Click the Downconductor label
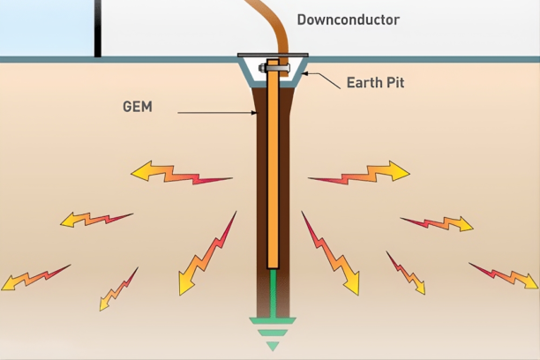tap(348, 19)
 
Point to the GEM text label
tap(139, 107)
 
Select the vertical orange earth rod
tap(273, 176)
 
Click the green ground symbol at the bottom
tap(273, 332)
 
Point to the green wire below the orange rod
tap(273, 291)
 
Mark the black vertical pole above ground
tap(97, 26)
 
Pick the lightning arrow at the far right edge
tap(504, 275)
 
